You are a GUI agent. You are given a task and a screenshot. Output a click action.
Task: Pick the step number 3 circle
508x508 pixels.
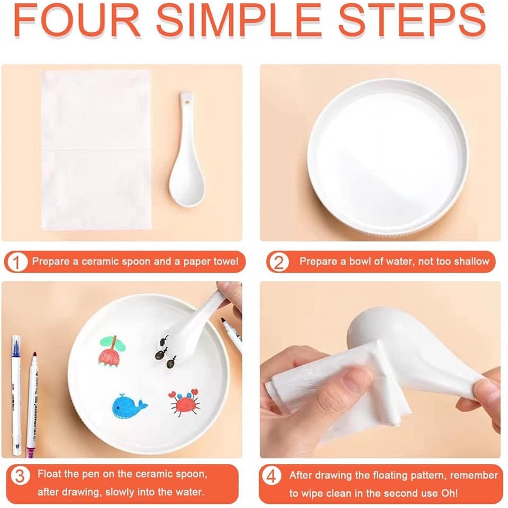[x=20, y=476]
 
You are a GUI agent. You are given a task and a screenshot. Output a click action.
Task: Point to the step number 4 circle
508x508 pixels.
[x=271, y=476]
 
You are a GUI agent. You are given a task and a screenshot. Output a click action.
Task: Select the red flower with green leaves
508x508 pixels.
[x=111, y=350]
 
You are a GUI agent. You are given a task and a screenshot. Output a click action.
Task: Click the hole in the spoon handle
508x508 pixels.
[x=186, y=99]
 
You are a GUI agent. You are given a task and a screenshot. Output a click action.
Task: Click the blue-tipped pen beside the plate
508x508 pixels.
[x=16, y=392]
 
